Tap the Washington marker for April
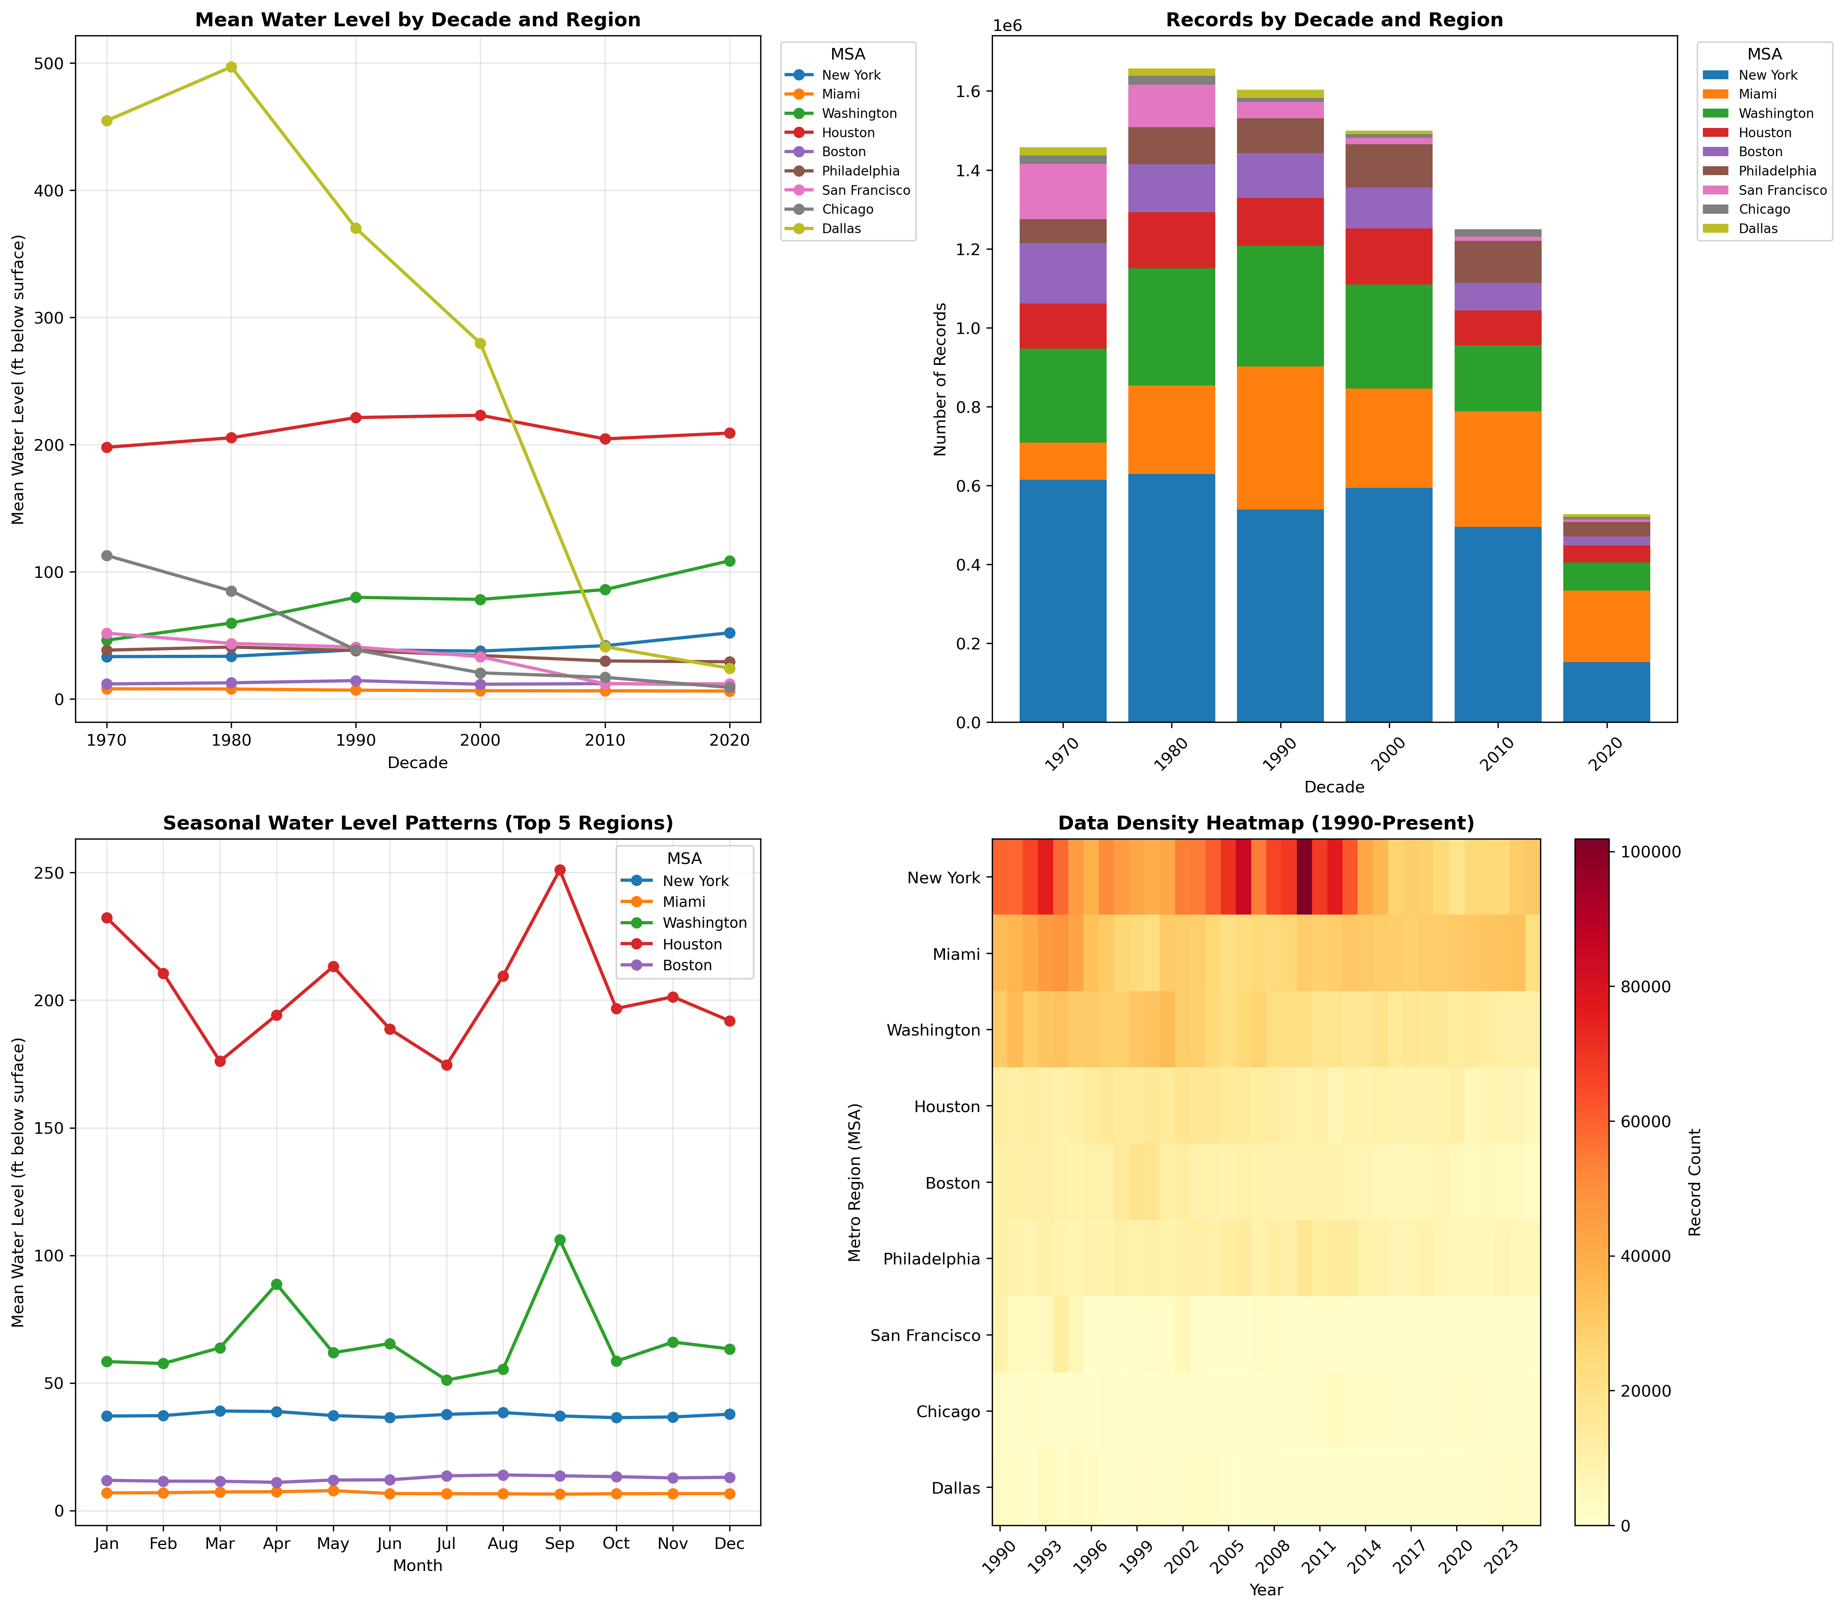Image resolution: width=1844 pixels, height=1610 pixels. pos(277,1284)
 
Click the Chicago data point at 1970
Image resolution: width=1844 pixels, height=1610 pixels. pos(107,555)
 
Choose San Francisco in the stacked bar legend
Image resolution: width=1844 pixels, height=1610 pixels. pos(1781,191)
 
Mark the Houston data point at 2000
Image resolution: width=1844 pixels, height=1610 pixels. pos(480,415)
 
